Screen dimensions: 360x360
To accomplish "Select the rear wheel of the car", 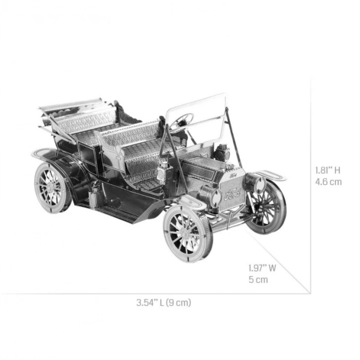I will tap(53, 187).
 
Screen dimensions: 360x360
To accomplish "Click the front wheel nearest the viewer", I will tap(188, 235).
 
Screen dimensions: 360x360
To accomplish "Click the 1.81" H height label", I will tap(328, 170).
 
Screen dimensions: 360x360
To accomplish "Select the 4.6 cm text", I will tap(328, 182).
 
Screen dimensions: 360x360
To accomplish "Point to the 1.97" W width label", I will tap(262, 268).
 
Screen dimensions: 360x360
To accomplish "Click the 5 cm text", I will tap(258, 280).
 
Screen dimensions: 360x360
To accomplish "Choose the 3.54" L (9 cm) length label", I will tap(164, 302).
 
